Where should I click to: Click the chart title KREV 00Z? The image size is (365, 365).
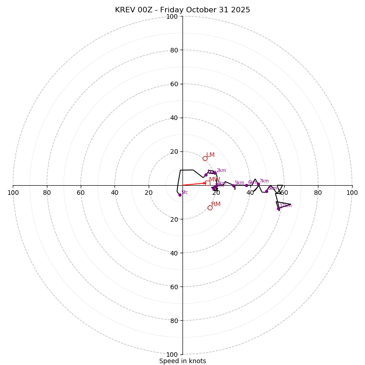click(x=182, y=10)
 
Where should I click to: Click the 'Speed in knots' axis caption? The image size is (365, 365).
click(x=182, y=361)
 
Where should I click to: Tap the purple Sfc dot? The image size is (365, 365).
click(x=180, y=195)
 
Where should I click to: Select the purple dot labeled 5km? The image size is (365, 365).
click(x=234, y=186)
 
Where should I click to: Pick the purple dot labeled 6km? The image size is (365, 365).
click(x=246, y=185)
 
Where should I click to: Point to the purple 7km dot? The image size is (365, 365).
click(x=258, y=184)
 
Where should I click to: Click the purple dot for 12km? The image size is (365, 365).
click(x=278, y=209)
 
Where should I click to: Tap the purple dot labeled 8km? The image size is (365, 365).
click(x=266, y=191)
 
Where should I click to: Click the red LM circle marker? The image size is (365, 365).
click(x=205, y=158)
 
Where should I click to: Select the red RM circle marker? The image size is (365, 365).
click(x=210, y=208)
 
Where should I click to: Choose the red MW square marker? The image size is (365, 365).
click(x=208, y=183)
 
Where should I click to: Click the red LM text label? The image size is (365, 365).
click(x=210, y=155)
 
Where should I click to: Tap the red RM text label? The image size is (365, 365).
click(x=216, y=204)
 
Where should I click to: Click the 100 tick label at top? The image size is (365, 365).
click(x=172, y=17)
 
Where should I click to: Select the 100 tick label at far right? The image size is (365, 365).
click(x=352, y=193)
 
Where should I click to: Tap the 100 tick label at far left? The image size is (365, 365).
click(x=13, y=193)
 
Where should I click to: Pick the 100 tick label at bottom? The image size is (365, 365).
click(x=172, y=355)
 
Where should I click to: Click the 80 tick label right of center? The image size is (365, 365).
click(x=318, y=193)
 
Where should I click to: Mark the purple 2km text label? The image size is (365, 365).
click(x=221, y=171)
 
